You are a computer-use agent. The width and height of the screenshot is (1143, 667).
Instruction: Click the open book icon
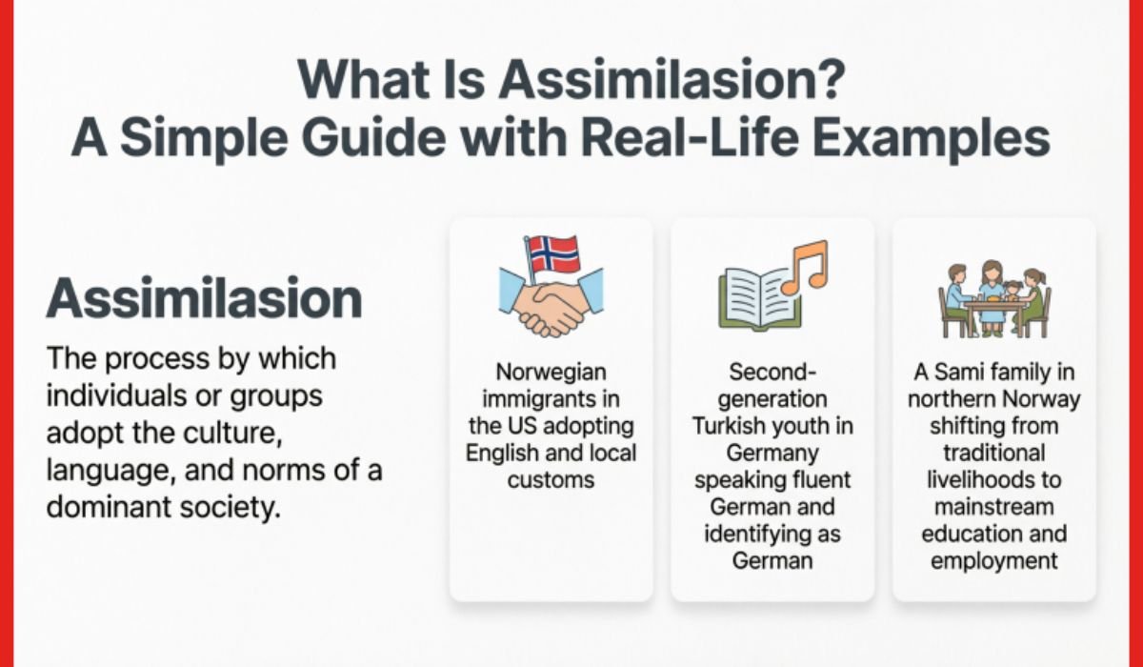click(x=757, y=296)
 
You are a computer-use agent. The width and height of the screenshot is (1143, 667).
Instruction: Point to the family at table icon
click(x=994, y=297)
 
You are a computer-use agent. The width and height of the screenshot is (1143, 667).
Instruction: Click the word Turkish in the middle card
click(x=733, y=425)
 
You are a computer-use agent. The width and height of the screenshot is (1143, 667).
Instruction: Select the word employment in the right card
click(x=994, y=560)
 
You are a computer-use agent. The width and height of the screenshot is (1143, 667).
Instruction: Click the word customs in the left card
click(x=551, y=479)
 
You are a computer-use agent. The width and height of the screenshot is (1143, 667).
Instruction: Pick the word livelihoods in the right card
click(x=994, y=479)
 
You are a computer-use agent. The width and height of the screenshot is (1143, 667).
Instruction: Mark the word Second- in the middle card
click(x=772, y=372)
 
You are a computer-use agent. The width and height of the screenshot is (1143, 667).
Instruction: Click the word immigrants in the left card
click(x=551, y=398)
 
